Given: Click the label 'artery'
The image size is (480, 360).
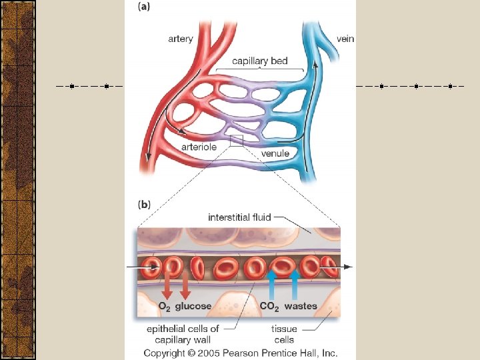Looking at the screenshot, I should click(181, 39).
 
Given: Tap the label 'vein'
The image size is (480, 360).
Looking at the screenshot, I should click(345, 39).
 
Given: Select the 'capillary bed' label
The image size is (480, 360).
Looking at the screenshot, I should click(260, 61).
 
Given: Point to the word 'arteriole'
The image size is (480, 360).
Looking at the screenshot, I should click(199, 147).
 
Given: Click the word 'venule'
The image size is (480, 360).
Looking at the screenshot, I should click(275, 153).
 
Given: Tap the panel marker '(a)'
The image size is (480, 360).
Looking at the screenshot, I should click(145, 8).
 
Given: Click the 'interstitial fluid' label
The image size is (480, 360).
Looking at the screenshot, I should click(239, 217).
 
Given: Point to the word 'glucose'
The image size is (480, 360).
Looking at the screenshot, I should click(193, 307).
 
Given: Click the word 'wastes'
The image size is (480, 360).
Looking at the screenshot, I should click(301, 307).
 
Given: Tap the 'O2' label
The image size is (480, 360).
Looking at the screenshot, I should click(164, 307).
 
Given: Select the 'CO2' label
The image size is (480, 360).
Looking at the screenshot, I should click(269, 307).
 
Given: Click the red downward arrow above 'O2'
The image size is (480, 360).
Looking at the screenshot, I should click(167, 288).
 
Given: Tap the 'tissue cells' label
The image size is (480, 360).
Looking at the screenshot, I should click(284, 333).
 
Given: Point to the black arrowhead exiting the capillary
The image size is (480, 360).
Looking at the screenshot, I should click(348, 267).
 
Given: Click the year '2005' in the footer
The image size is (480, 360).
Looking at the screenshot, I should click(215, 353).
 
